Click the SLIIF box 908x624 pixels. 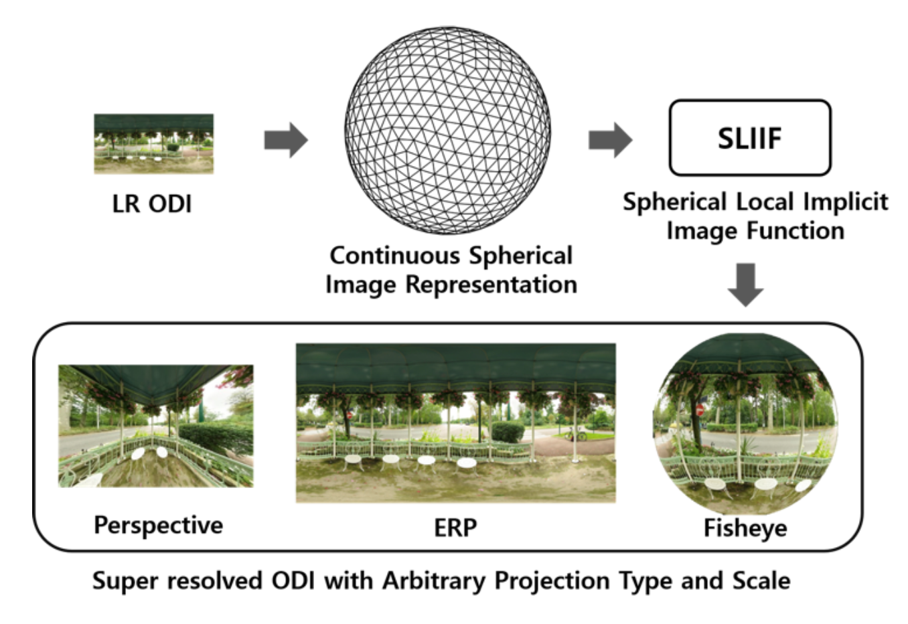coord(750,138)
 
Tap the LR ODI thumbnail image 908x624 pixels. coord(153,144)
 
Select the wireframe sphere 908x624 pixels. coord(447,130)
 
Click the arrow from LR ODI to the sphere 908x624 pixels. coord(286,140)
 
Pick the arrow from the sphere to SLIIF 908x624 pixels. coord(610,140)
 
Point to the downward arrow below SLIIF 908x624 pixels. coord(745,285)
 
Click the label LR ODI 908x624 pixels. coord(151,204)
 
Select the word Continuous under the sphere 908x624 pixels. coord(395,256)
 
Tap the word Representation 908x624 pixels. coord(491,285)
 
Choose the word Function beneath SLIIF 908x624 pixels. coord(796,231)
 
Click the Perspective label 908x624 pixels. coord(159,526)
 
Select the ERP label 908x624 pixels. coord(455,528)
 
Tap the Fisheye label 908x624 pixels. coord(745,528)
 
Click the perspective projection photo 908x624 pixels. coord(156,426)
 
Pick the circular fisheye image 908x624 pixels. coord(745,424)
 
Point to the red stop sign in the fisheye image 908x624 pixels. coord(700,410)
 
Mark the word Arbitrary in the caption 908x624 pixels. coord(434,581)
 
